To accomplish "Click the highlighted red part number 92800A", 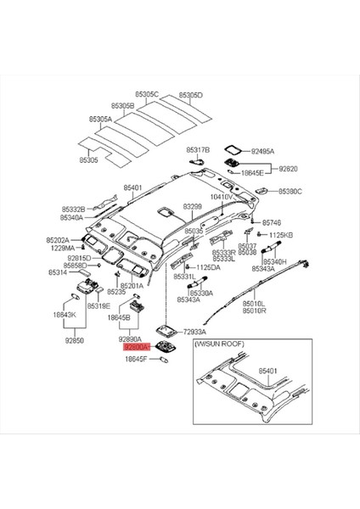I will coord(136,347).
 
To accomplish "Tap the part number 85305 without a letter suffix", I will coord(89,159).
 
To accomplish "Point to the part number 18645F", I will coord(136,359).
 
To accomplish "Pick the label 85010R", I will coord(254,311).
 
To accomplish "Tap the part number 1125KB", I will coord(280,234).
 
